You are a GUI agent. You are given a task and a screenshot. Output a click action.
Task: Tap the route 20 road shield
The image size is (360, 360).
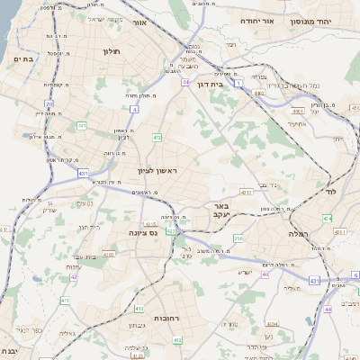point(49,104)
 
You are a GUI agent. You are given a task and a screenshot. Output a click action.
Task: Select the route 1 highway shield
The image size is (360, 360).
point(238,82)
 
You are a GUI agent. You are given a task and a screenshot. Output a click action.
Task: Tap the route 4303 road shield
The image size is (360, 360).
point(107,256)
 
